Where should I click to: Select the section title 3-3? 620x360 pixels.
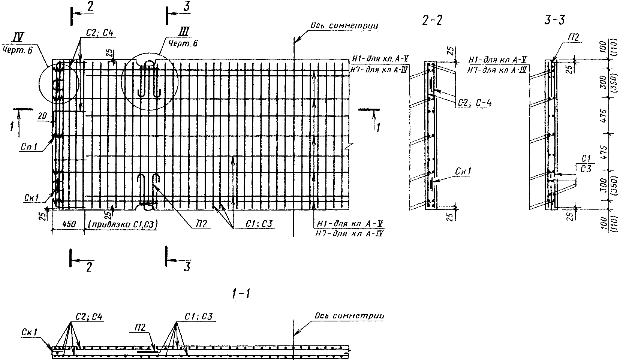click(x=554, y=20)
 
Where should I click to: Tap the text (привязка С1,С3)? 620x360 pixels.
click(x=123, y=224)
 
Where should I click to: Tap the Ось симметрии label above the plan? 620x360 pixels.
click(x=344, y=26)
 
